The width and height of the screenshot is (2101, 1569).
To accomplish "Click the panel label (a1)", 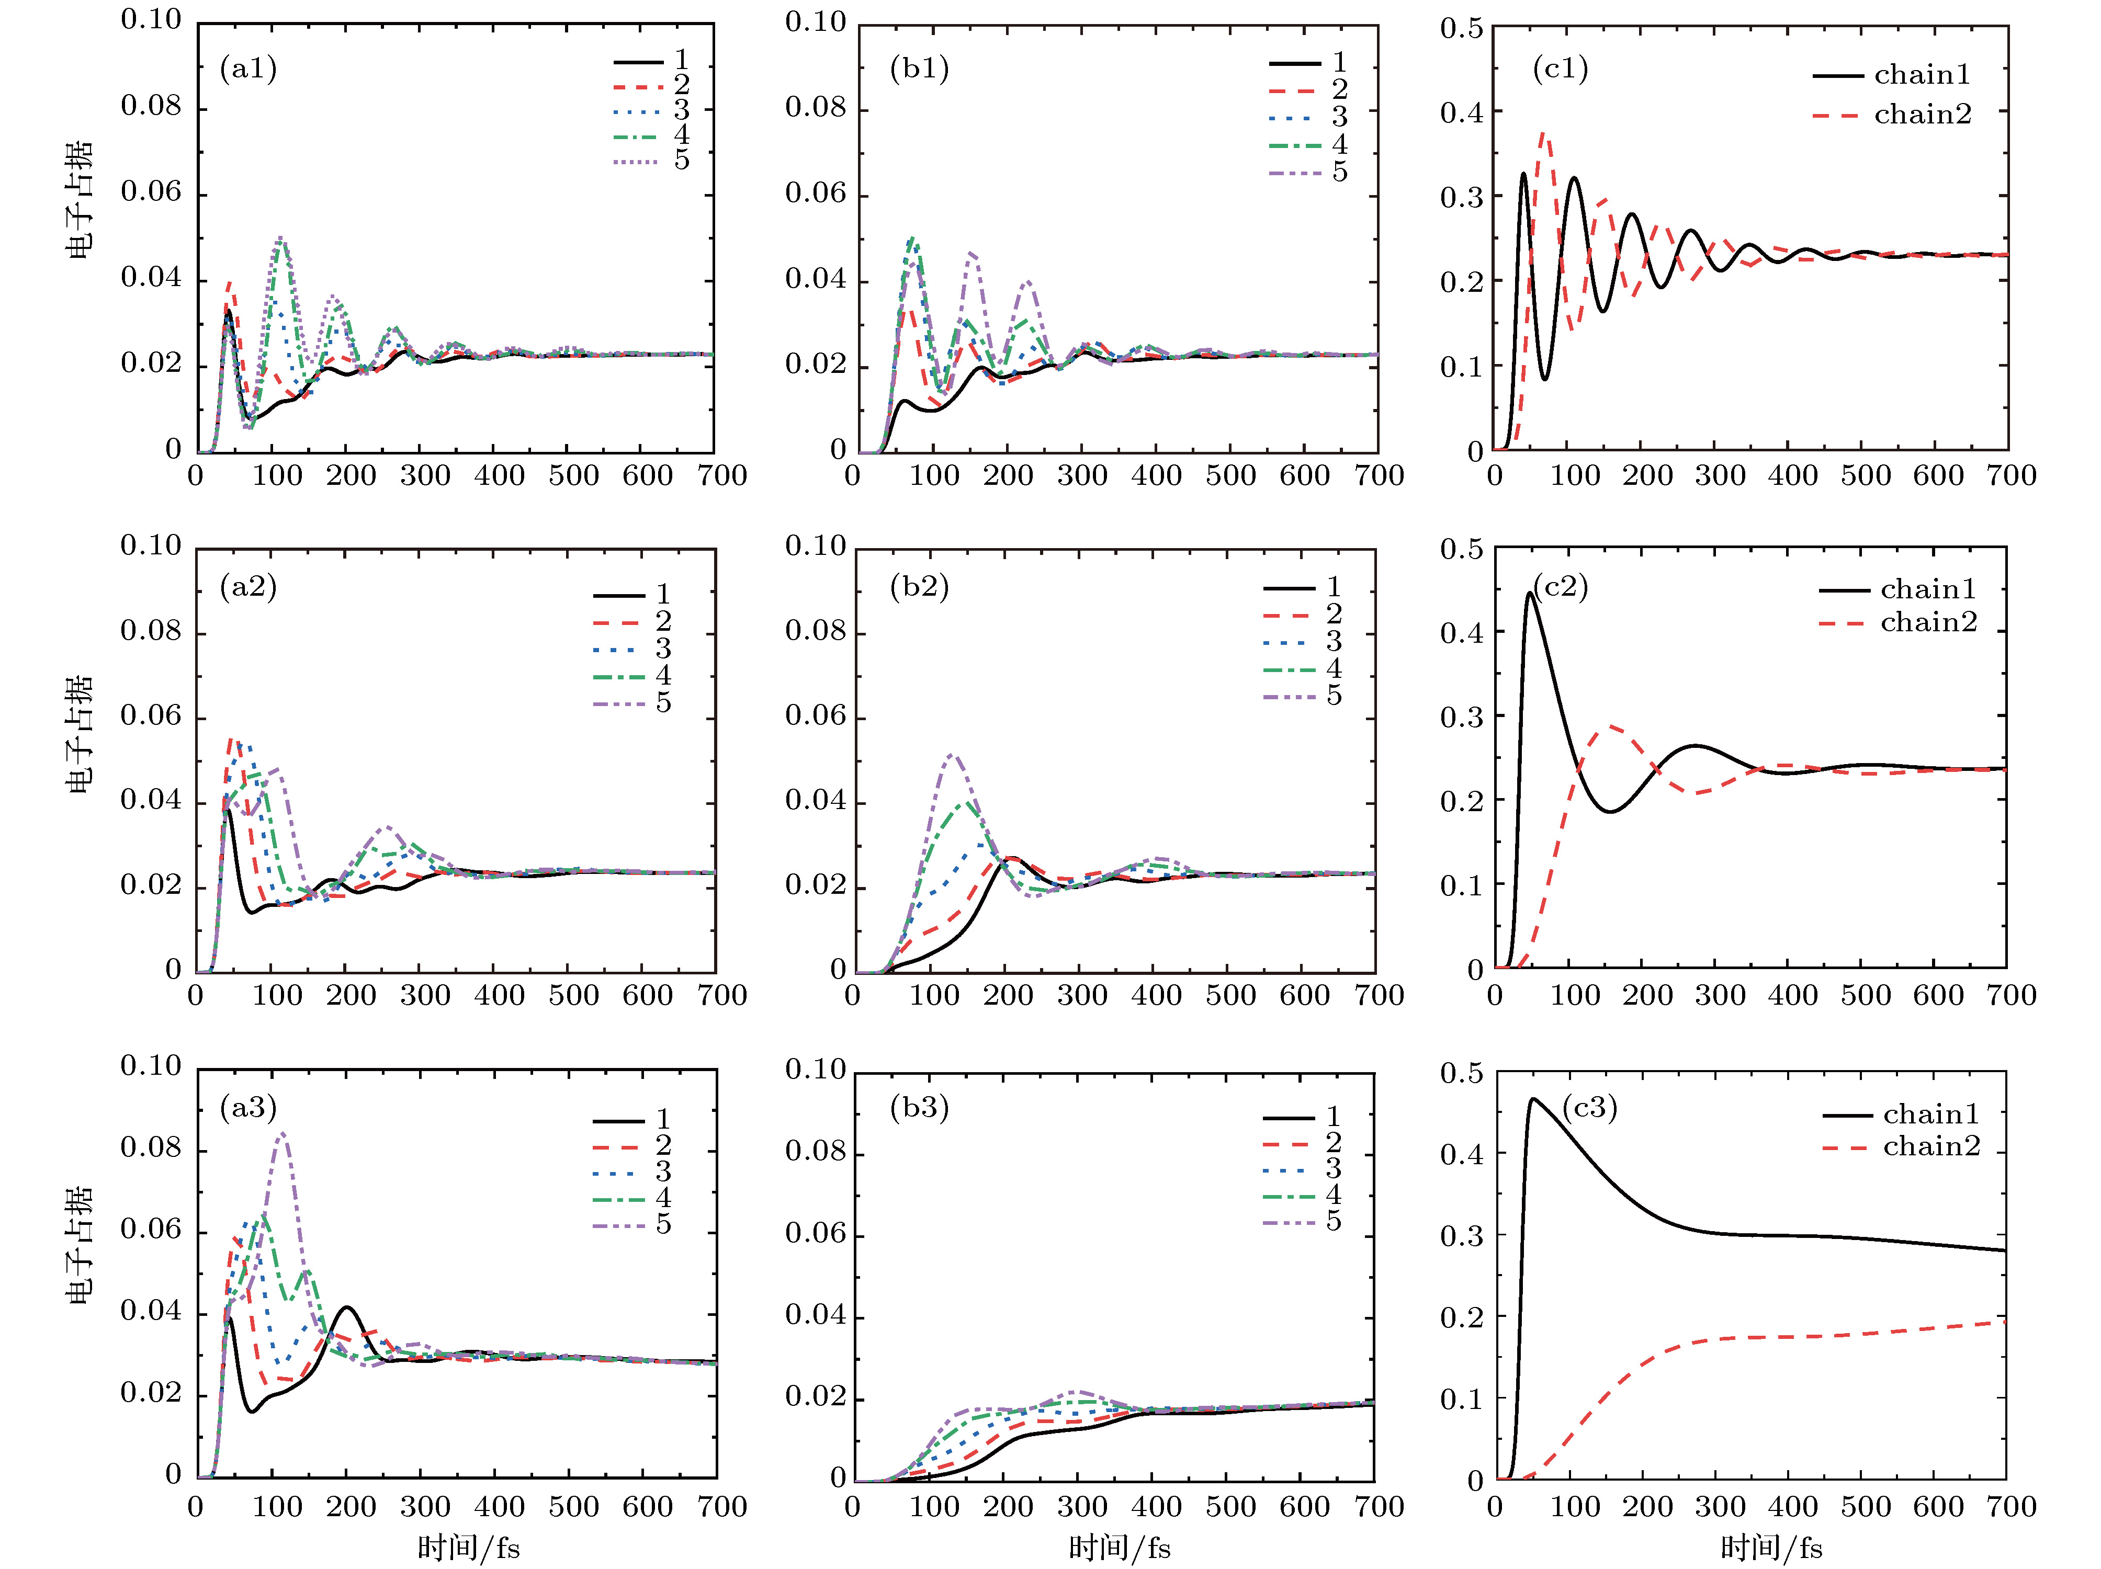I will pos(248,69).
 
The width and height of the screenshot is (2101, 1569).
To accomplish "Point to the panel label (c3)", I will pos(1589,1107).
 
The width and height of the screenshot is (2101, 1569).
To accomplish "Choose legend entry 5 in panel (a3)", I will pos(631,1224).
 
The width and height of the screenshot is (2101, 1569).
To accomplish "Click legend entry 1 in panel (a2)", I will pos(631,595).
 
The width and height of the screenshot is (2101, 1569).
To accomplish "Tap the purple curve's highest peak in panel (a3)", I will pos(281,1133).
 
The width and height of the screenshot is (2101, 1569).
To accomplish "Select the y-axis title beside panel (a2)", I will pos(80,733).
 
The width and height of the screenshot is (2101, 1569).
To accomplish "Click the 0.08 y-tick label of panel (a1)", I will pos(150,106).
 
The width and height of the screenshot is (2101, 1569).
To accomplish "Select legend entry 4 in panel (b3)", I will pos(1301,1195).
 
